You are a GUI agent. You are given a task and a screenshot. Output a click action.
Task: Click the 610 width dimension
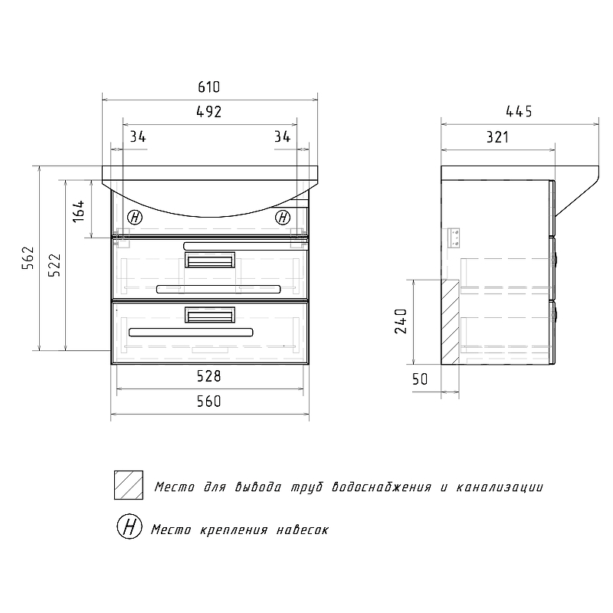point(208,87)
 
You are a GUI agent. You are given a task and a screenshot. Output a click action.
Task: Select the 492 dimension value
point(208,112)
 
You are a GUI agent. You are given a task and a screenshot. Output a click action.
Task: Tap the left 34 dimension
point(138,137)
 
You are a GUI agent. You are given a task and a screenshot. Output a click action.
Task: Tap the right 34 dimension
point(282,137)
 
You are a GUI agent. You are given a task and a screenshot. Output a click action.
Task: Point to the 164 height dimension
point(79,211)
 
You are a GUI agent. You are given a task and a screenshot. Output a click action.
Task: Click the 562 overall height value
point(28,258)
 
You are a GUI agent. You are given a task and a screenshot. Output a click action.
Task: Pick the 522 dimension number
point(54,265)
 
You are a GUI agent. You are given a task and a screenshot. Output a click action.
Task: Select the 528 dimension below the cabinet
point(208,376)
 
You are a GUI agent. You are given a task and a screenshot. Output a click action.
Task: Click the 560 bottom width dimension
point(208,402)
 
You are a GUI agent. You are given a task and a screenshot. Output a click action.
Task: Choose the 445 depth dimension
point(519,112)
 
